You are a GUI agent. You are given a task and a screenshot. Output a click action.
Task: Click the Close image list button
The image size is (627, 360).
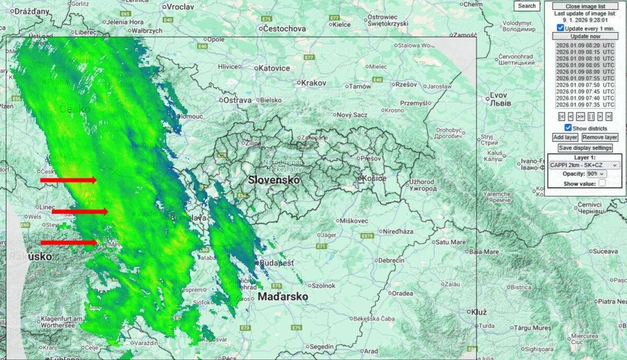tap(585, 6)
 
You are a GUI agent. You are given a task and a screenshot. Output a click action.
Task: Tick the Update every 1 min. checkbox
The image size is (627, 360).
tap(561, 28)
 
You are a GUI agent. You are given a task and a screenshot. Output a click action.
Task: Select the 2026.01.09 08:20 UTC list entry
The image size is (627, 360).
tap(585, 45)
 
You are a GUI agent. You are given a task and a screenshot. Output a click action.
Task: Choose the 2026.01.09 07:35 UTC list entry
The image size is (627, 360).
tap(585, 104)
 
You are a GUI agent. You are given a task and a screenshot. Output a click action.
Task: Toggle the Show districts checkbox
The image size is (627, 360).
tap(568, 128)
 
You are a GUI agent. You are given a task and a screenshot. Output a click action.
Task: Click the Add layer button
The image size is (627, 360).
tap(565, 137)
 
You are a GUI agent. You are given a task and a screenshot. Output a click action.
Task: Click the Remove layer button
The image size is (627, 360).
tap(600, 137)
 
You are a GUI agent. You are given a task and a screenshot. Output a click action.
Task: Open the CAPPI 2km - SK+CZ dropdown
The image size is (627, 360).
tap(584, 165)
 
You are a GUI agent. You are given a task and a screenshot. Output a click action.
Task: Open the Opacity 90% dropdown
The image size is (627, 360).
tap(596, 173)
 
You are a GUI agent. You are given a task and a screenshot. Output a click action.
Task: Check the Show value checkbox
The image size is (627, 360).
tap(602, 183)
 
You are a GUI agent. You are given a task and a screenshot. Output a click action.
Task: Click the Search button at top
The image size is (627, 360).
tap(527, 6)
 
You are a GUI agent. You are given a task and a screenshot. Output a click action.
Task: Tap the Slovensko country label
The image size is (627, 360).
tap(274, 180)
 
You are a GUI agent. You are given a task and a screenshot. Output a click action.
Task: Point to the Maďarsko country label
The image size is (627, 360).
tap(282, 297)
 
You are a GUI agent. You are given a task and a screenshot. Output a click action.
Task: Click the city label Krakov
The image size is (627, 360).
tap(313, 83)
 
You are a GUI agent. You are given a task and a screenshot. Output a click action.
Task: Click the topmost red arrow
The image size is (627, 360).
tap(68, 180)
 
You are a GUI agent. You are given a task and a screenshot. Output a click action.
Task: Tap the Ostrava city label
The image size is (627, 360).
tap(237, 100)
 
